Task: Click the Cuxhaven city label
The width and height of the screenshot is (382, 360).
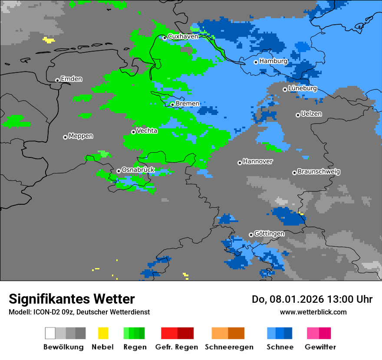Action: (x=183, y=36)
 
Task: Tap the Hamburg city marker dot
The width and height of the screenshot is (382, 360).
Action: (x=256, y=62)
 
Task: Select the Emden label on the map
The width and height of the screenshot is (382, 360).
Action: (x=71, y=79)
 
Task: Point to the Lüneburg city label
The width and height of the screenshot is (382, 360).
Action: (x=303, y=88)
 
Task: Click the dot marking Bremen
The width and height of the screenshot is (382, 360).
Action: (x=172, y=105)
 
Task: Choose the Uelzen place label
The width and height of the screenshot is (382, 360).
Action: (x=311, y=114)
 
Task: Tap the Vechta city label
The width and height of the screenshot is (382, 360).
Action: (x=147, y=131)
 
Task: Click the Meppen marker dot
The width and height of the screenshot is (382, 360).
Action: (x=65, y=137)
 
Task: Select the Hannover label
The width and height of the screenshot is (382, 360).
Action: (x=258, y=161)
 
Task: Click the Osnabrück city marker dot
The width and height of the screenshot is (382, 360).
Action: (x=119, y=171)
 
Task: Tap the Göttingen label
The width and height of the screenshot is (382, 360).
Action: (x=270, y=234)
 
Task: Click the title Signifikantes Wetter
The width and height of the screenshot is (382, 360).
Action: (x=72, y=299)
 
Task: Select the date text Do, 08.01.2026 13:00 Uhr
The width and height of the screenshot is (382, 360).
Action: (x=312, y=299)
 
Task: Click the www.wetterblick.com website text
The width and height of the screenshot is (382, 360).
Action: (x=313, y=312)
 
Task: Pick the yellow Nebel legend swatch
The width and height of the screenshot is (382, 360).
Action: (x=103, y=333)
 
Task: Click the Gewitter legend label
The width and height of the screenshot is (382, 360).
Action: (x=320, y=347)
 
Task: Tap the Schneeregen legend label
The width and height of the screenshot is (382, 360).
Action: (x=229, y=347)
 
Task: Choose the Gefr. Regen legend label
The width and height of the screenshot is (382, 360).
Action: (x=177, y=347)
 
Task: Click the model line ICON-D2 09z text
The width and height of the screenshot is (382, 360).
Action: (x=79, y=312)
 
